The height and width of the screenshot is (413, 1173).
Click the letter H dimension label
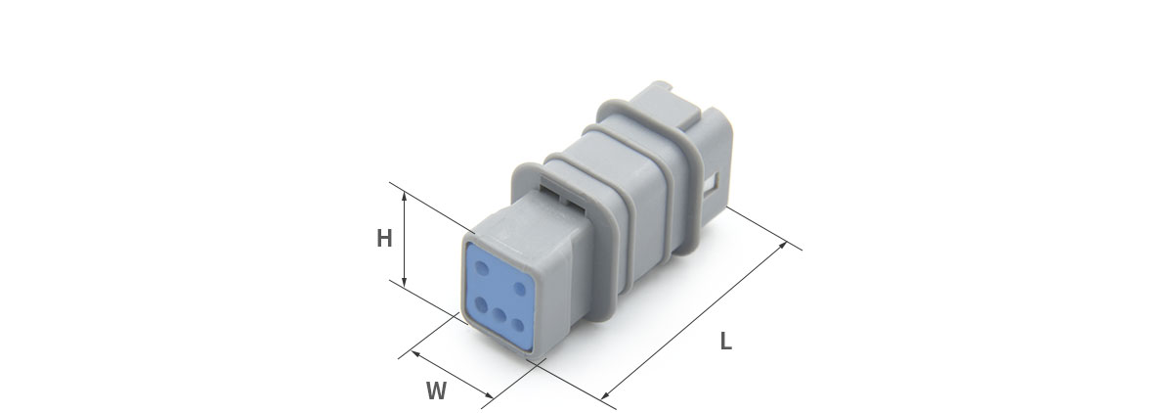coord(384,239)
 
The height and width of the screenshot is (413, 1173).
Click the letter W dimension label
coord(436,391)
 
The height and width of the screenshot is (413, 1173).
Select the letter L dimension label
coord(725,342)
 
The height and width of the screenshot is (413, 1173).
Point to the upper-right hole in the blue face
coord(520,289)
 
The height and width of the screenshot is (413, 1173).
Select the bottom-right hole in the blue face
coord(518,325)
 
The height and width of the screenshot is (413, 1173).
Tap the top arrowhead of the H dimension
coord(405,196)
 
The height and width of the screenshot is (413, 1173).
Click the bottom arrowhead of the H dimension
coord(405,282)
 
